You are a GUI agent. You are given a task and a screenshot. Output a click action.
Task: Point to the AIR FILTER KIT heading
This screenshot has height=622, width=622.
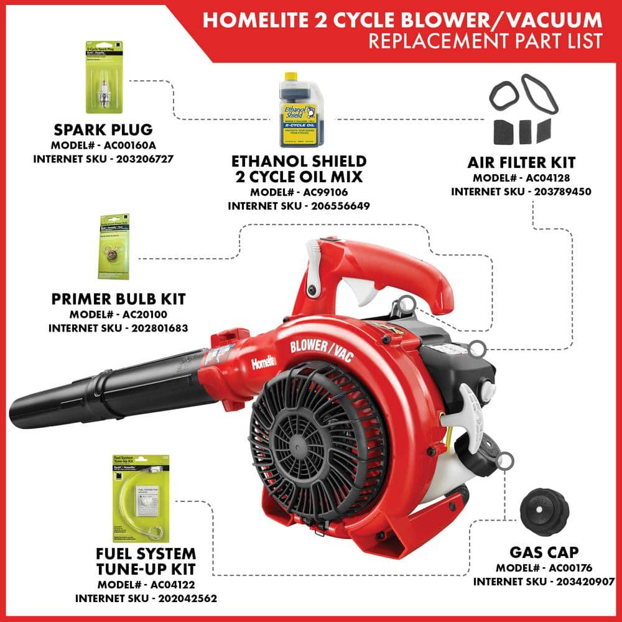pyautogui.click(x=521, y=163)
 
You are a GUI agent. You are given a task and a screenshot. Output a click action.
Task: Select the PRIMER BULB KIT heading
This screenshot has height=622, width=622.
pyautogui.click(x=118, y=299)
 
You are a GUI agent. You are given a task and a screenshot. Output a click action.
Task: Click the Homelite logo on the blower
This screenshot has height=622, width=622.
pyautogui.click(x=264, y=362)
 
